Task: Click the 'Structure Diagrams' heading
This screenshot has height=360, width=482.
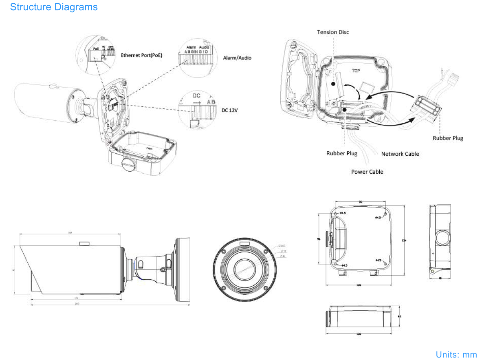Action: (x=54, y=7)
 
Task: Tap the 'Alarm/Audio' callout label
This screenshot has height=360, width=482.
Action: (x=237, y=58)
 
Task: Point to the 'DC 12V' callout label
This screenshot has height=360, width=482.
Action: (x=230, y=110)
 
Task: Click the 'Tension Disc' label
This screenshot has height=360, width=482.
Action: (x=333, y=32)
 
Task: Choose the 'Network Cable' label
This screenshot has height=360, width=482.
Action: (x=400, y=154)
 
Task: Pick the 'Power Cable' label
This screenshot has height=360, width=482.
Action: (x=367, y=172)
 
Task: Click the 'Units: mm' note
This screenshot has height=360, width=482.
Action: (x=456, y=354)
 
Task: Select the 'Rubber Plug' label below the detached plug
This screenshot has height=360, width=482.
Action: (x=448, y=138)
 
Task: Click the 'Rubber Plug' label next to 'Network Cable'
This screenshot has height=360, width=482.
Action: (x=342, y=153)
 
